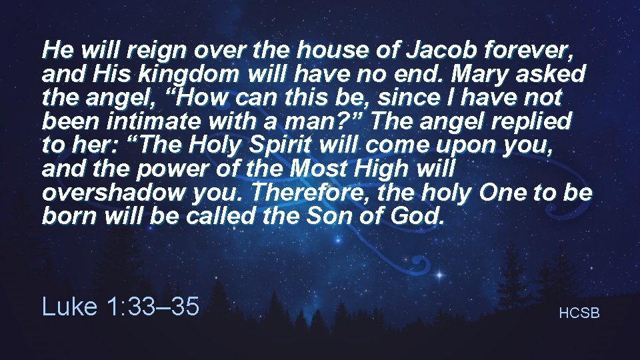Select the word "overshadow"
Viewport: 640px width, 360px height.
(103, 194)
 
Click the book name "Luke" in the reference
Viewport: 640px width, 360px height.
(69, 307)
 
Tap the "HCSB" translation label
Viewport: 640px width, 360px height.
(579, 312)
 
